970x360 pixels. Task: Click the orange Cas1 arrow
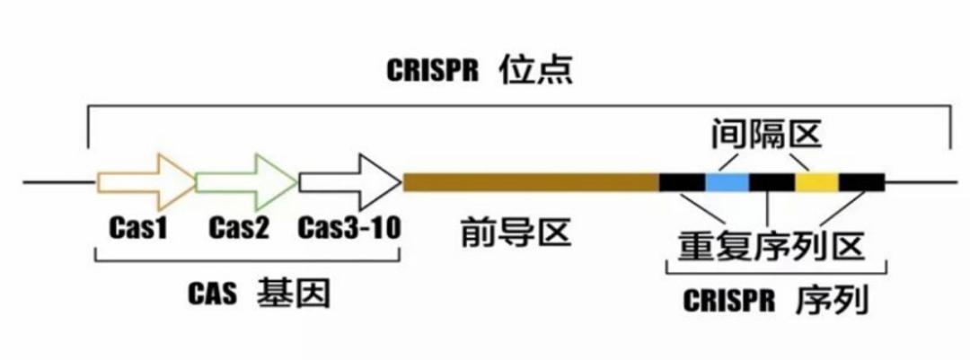146,182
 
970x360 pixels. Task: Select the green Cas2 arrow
246,182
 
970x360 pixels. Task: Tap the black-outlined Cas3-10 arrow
350,182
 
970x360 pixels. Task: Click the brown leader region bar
531,182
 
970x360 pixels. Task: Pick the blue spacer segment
727,182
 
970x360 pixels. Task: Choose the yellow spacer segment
816,182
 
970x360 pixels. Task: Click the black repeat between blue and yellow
772,182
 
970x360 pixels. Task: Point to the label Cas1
138,229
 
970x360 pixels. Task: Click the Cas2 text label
239,229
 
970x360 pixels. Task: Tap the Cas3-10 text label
349,229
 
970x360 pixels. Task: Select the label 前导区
516,233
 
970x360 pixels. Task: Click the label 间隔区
766,135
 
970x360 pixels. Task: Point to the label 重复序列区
771,246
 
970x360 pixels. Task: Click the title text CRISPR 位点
480,71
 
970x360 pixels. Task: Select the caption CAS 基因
260,294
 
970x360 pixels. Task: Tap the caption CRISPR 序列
776,301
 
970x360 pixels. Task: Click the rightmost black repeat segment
861,182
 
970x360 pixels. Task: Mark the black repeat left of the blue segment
683,182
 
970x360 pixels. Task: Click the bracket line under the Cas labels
248,261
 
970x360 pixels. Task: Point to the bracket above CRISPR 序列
776,273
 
